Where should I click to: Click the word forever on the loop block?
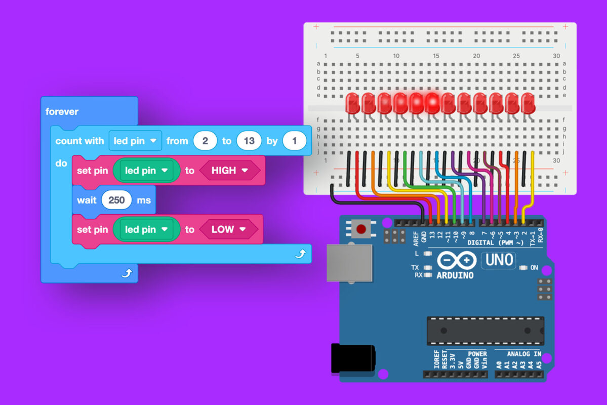click(x=62, y=111)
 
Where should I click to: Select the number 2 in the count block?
click(x=205, y=141)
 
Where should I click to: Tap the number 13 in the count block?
click(x=249, y=141)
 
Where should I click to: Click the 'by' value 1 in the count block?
click(x=294, y=141)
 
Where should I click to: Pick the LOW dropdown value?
click(x=228, y=229)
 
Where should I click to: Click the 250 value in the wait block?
click(x=116, y=200)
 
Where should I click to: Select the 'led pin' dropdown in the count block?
click(x=135, y=141)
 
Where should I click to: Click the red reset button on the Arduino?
click(x=361, y=229)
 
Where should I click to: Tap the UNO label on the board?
click(x=499, y=260)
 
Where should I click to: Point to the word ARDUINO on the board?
click(x=455, y=275)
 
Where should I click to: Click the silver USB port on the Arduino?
click(x=349, y=263)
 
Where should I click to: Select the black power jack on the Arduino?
click(x=353, y=358)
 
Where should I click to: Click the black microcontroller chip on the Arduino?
click(x=485, y=331)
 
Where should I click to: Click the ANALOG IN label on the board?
click(x=524, y=354)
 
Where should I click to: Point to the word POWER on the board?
click(x=477, y=354)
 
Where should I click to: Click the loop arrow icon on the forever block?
click(x=127, y=273)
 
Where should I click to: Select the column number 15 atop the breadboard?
click(x=436, y=56)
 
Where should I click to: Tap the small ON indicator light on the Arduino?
click(x=523, y=267)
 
